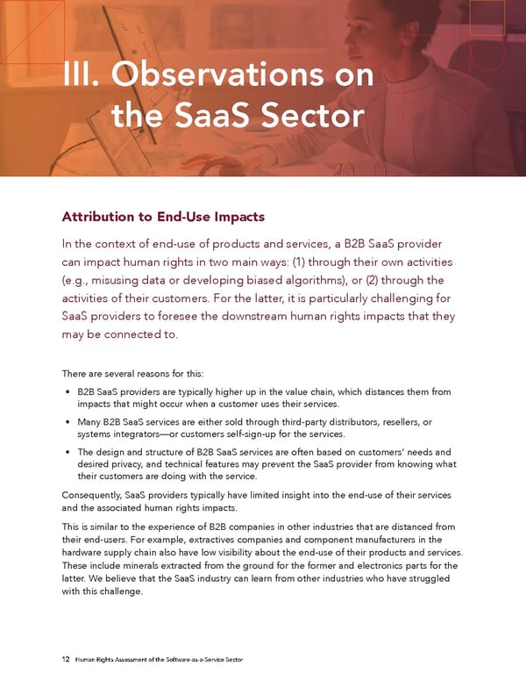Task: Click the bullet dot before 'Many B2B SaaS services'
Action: (68, 422)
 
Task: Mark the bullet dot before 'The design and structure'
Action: (68, 452)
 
